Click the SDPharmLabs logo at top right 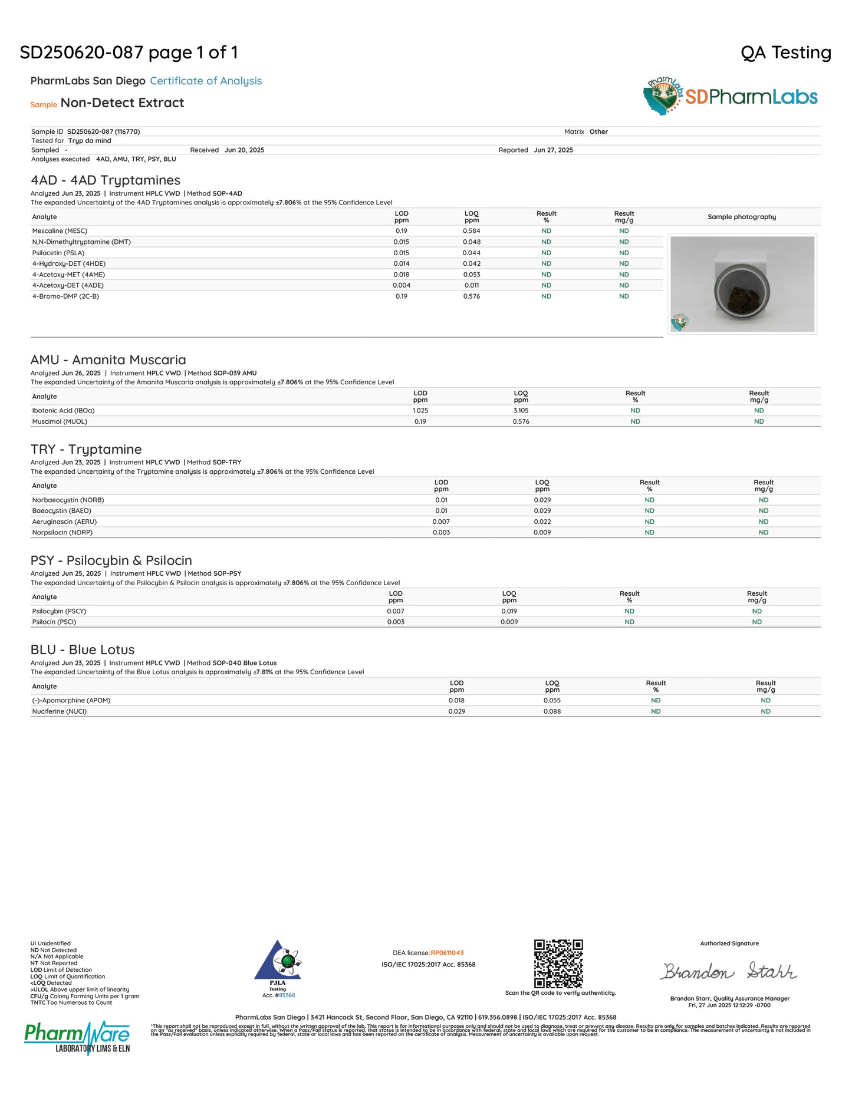pos(730,97)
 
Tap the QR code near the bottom pos(558,964)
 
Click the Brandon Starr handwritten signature pos(728,971)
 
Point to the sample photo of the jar pos(742,284)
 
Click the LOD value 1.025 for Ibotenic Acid pos(420,411)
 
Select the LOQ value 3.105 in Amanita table pos(521,411)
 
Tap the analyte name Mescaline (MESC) pos(60,231)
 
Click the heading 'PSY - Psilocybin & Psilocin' pos(111,560)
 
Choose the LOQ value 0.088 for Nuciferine pos(552,711)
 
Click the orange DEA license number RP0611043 pos(447,953)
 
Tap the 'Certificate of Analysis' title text pos(206,81)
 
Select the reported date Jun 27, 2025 pos(553,150)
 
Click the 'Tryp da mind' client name pos(90,141)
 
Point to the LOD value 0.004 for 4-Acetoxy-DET pos(402,285)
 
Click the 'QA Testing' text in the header pos(785,52)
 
